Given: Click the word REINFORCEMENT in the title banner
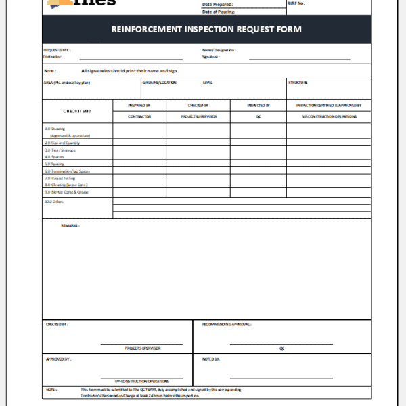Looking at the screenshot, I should [x=147, y=29].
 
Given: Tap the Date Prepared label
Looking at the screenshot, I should [x=217, y=5].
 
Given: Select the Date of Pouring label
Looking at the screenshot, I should [x=218, y=12].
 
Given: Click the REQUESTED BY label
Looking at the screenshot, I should [x=57, y=50].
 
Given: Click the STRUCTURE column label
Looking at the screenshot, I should [x=298, y=83].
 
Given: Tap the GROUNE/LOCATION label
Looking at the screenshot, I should [x=160, y=83].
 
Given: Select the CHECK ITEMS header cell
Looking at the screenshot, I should [x=77, y=111].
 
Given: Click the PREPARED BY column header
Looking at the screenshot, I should [x=139, y=106].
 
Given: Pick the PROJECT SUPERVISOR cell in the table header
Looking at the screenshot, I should [x=198, y=116].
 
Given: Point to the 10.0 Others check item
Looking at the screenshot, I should [x=54, y=201].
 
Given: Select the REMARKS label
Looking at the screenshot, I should [x=70, y=225].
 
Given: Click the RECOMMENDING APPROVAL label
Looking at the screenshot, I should [x=227, y=324].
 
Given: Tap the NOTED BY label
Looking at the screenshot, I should [x=210, y=359].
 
